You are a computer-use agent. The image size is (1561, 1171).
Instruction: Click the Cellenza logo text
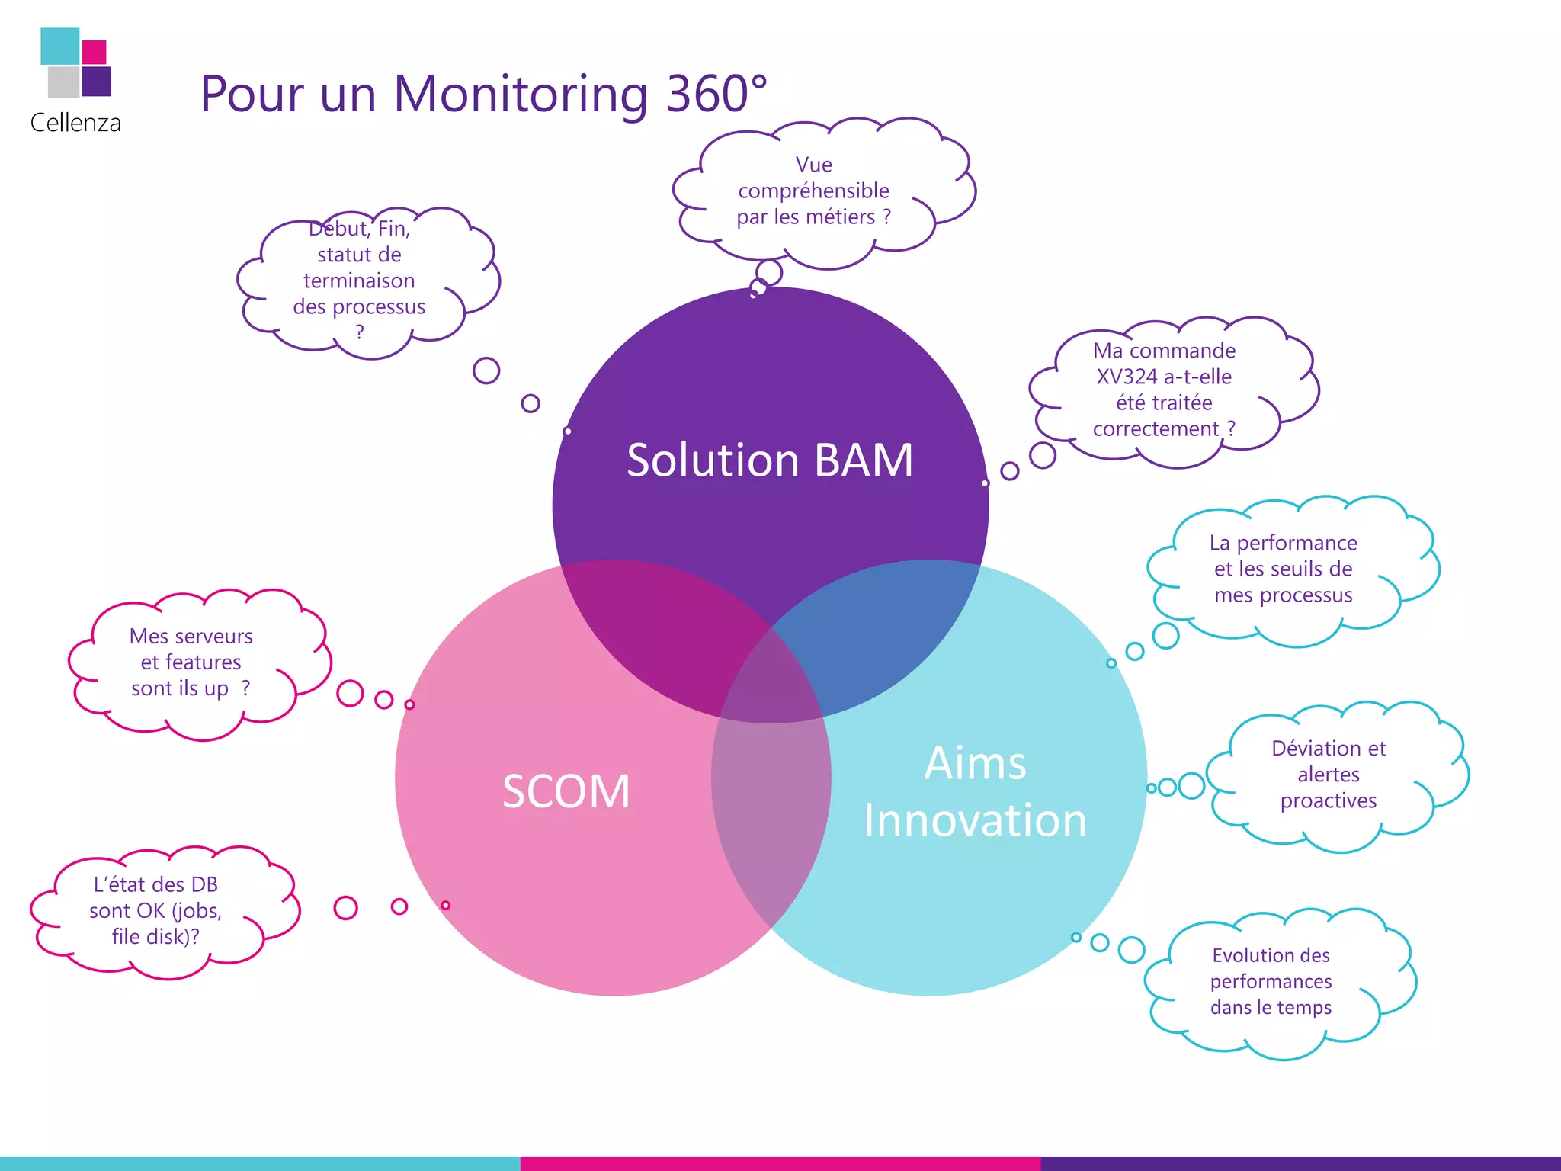tap(75, 123)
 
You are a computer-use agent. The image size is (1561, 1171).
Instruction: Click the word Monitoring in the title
tap(521, 94)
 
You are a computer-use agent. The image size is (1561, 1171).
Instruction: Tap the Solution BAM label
tap(769, 460)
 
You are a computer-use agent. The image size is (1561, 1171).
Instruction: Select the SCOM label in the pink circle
tap(566, 791)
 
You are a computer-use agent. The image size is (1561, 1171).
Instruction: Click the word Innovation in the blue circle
tap(975, 820)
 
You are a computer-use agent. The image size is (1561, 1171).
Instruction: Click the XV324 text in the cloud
tap(1127, 377)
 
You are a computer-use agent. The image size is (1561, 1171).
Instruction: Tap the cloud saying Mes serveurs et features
tap(191, 662)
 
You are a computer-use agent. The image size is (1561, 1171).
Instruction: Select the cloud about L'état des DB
tap(155, 910)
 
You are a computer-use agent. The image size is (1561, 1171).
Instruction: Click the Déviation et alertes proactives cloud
tap(1329, 775)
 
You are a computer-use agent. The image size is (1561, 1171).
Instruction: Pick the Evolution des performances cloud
tap(1271, 981)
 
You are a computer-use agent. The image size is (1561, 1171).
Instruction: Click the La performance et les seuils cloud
tap(1284, 569)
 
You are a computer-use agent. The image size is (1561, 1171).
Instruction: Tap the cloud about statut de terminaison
tap(359, 280)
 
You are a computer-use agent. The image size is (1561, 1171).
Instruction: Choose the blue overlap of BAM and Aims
tap(877, 625)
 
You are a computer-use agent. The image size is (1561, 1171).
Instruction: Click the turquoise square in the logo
tap(59, 46)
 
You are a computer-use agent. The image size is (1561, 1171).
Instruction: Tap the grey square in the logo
tap(63, 82)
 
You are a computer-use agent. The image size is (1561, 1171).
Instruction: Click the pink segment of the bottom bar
tap(780, 1163)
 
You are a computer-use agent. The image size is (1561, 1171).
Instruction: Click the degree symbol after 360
tap(758, 81)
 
